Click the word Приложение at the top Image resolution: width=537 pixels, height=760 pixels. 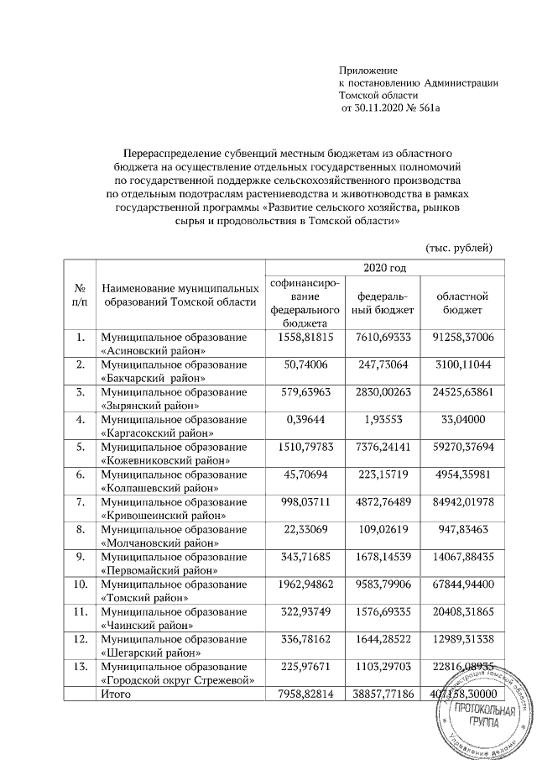(x=368, y=69)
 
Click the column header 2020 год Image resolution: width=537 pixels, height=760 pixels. (x=385, y=268)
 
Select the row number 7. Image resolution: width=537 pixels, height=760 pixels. (x=81, y=501)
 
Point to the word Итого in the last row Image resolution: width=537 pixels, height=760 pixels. (x=116, y=694)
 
